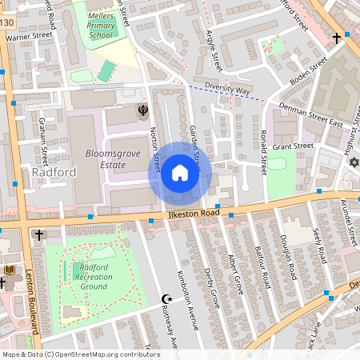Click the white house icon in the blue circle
pyautogui.click(x=180, y=173)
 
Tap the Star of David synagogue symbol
pyautogui.click(x=352, y=162)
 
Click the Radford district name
pyautogui.click(x=54, y=173)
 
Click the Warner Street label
pyautogui.click(x=29, y=37)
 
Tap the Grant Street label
pyautogui.click(x=294, y=146)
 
